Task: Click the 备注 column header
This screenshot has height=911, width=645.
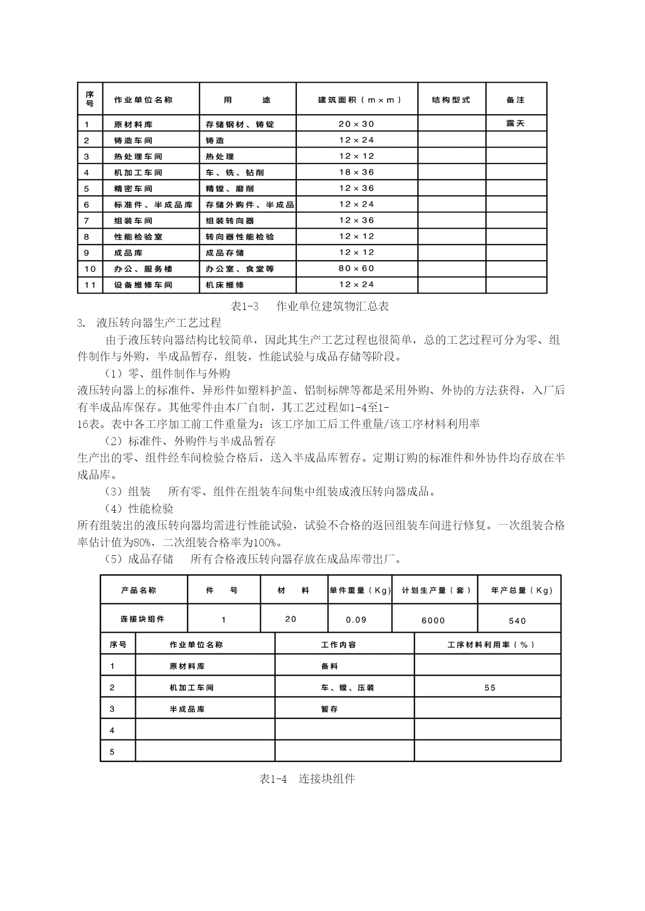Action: click(x=516, y=100)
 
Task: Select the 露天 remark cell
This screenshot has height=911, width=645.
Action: click(x=516, y=124)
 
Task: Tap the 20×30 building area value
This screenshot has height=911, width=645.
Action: click(x=357, y=124)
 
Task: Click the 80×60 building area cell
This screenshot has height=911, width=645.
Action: click(x=357, y=269)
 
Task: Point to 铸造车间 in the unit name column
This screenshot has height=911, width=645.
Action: click(x=134, y=140)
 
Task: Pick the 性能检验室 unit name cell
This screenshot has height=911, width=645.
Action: click(x=138, y=237)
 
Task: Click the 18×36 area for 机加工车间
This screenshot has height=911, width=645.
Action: click(x=357, y=172)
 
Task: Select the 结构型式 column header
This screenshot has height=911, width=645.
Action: click(x=451, y=100)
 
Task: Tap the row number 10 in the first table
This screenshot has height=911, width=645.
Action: click(x=90, y=269)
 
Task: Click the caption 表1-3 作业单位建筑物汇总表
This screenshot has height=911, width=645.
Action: click(x=310, y=306)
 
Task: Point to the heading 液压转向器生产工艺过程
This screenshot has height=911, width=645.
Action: click(x=159, y=323)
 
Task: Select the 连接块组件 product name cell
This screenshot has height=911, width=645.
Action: click(x=142, y=619)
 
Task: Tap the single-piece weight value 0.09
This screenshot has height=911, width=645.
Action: click(x=357, y=620)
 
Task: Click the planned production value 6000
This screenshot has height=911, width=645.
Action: click(x=433, y=620)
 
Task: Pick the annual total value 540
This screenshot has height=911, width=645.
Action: click(x=518, y=621)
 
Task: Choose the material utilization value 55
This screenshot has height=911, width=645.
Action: click(x=490, y=688)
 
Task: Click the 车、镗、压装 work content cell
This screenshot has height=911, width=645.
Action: click(x=347, y=688)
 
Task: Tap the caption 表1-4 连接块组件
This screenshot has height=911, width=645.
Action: click(x=307, y=779)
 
